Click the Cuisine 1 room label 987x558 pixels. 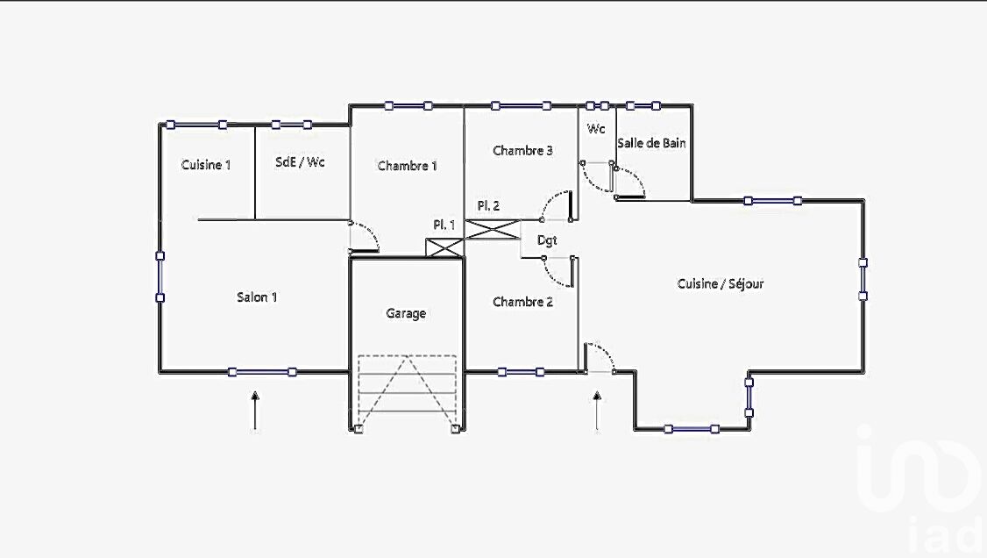(x=206, y=165)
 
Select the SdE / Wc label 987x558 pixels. (x=300, y=162)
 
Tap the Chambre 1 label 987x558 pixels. (x=407, y=166)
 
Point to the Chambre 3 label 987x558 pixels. (x=522, y=151)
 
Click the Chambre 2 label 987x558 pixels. (x=522, y=303)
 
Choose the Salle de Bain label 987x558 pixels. (x=651, y=143)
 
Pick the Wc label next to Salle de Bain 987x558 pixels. (x=596, y=129)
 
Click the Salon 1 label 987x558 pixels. (x=257, y=297)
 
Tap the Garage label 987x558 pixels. (x=406, y=313)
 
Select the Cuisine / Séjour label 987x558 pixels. (x=721, y=284)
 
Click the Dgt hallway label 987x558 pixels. (x=547, y=240)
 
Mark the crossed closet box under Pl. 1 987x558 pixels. (x=444, y=247)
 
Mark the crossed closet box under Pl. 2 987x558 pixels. (x=492, y=230)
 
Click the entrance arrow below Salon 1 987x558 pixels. (x=255, y=411)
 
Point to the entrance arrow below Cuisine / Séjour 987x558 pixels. (x=597, y=411)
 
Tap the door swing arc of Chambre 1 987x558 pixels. (x=367, y=235)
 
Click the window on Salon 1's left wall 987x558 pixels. (x=160, y=277)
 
